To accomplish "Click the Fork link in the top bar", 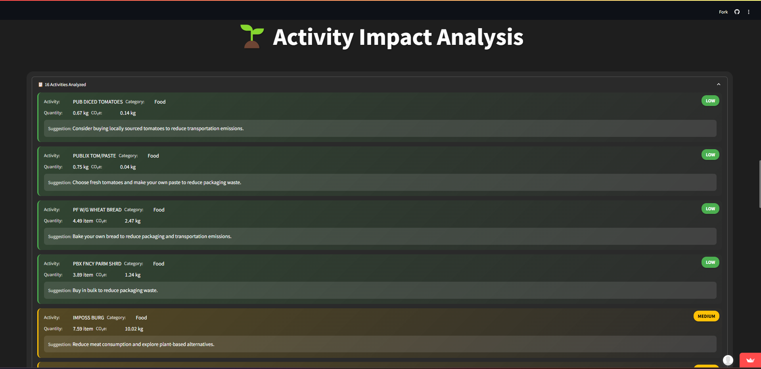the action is point(723,12).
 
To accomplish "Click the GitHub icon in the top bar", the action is point(737,12).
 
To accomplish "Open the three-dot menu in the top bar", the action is point(749,12).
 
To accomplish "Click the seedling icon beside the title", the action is point(252,37).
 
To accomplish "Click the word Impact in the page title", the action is point(395,37).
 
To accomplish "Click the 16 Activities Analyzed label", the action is point(65,85).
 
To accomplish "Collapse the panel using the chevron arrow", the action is point(719,84).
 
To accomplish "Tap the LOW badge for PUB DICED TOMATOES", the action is point(710,101).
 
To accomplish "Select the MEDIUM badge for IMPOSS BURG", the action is point(706,316).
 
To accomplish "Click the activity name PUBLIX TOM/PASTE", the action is point(94,156).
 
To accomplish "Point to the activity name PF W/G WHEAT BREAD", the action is point(97,210).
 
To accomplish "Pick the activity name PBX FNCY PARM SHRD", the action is point(97,264).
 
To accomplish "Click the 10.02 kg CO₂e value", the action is point(134,329).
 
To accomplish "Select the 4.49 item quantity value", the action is point(83,221).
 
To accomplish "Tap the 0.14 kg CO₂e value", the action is point(128,113).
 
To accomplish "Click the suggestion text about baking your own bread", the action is point(152,236).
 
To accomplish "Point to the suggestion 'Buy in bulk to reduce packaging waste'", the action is point(115,290).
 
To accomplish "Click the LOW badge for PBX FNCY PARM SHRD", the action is point(710,262).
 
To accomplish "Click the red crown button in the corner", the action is point(750,360).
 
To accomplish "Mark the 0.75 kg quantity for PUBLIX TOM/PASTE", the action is point(81,167).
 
